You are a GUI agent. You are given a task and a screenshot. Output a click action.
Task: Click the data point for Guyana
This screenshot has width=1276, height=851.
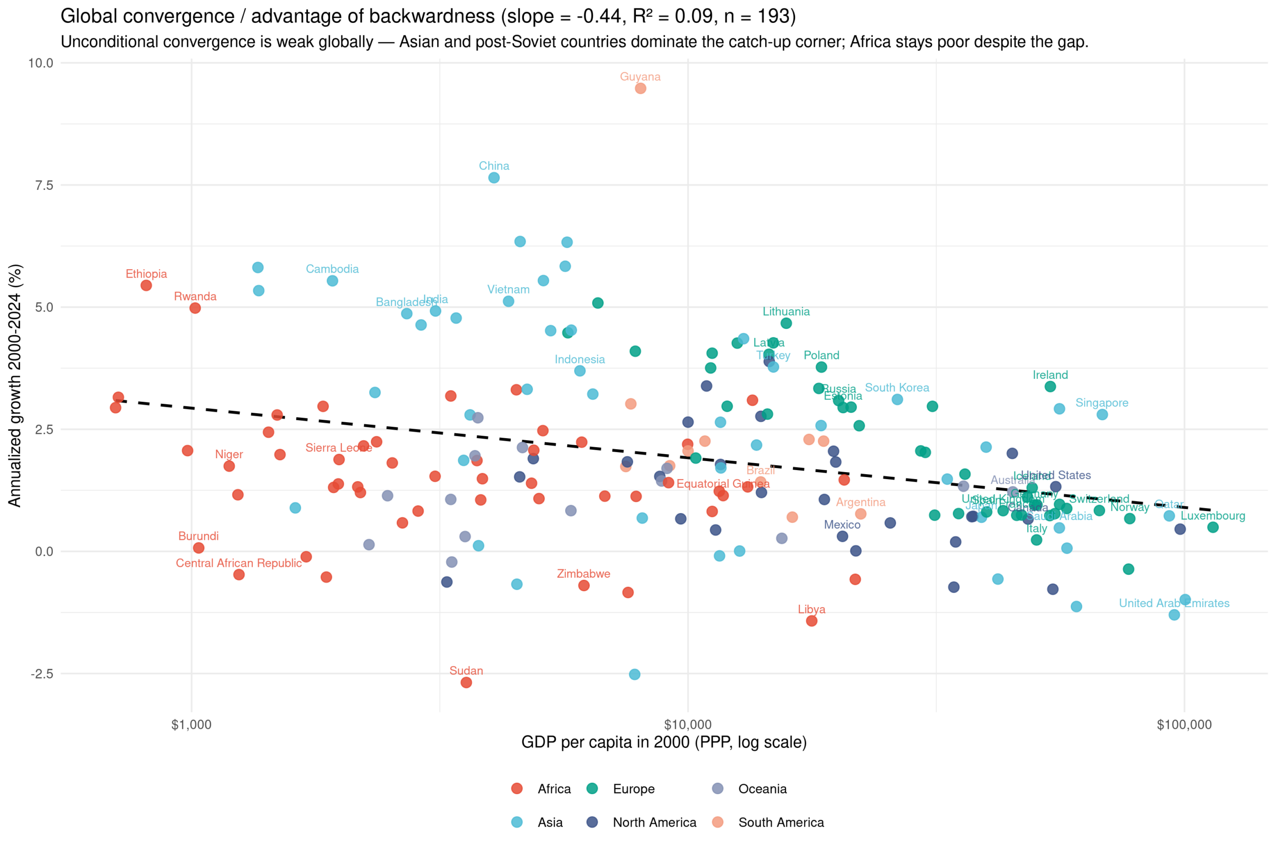coord(640,88)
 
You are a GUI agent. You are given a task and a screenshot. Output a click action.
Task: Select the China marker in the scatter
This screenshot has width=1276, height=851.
coord(493,177)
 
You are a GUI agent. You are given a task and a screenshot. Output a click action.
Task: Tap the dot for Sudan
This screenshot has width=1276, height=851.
coord(466,682)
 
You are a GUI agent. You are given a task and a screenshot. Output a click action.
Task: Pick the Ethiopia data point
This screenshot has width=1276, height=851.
coord(146,286)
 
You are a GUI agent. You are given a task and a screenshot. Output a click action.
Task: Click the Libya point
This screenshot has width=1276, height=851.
coord(811,621)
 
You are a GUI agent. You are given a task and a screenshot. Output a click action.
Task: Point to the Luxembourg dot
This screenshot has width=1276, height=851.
coord(1213,527)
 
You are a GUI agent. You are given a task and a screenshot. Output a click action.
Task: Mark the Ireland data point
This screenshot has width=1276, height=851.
coord(1050,386)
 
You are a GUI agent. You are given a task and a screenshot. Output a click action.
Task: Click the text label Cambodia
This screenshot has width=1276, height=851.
coord(332,269)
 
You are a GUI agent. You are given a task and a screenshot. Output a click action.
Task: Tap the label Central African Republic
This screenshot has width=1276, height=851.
coord(239,563)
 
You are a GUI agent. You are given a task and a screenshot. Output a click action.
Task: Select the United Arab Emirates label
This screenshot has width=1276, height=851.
coord(1174,603)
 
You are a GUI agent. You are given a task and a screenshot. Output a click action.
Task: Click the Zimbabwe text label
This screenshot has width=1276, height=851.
coord(583,574)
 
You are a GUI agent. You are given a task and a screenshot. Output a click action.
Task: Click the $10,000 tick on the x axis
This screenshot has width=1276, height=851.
coord(687,724)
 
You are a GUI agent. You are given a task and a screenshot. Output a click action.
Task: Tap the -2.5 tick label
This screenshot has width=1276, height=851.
coord(42,674)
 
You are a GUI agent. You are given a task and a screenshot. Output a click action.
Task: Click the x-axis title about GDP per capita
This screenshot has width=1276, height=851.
coord(663,742)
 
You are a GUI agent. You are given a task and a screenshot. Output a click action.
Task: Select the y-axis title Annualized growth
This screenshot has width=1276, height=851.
coord(14,385)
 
